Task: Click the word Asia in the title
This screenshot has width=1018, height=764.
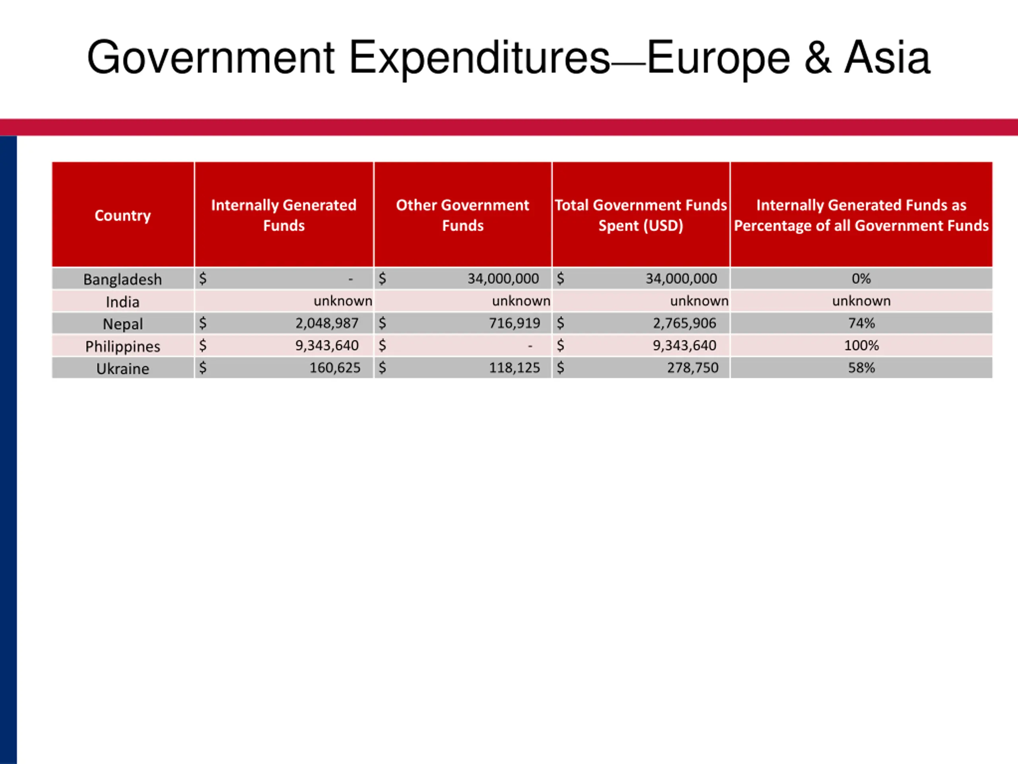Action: click(887, 58)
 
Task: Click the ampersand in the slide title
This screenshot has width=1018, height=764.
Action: click(818, 58)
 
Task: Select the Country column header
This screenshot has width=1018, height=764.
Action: click(123, 215)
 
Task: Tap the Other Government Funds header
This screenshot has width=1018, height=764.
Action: click(462, 215)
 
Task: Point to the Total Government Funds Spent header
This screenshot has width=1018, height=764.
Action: click(641, 215)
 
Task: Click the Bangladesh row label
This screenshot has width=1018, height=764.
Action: click(122, 279)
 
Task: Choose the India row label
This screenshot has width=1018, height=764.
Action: click(122, 302)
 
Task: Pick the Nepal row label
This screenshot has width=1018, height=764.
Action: click(122, 324)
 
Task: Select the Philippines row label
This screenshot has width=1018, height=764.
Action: click(122, 346)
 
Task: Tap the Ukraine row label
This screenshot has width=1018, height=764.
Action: click(122, 368)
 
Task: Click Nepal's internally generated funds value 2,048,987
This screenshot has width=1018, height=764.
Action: click(327, 323)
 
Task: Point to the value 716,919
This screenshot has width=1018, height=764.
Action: click(514, 323)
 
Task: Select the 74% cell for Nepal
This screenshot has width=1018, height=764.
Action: click(861, 323)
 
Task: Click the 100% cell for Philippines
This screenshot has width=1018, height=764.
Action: click(861, 345)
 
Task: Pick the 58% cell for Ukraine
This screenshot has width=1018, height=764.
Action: click(861, 368)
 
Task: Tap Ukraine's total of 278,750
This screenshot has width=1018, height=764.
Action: click(693, 368)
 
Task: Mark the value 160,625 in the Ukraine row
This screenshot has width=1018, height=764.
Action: click(334, 368)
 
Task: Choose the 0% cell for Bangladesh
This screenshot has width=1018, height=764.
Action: click(861, 279)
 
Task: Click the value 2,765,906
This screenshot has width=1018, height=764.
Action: click(684, 323)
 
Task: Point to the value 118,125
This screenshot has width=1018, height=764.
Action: click(514, 368)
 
